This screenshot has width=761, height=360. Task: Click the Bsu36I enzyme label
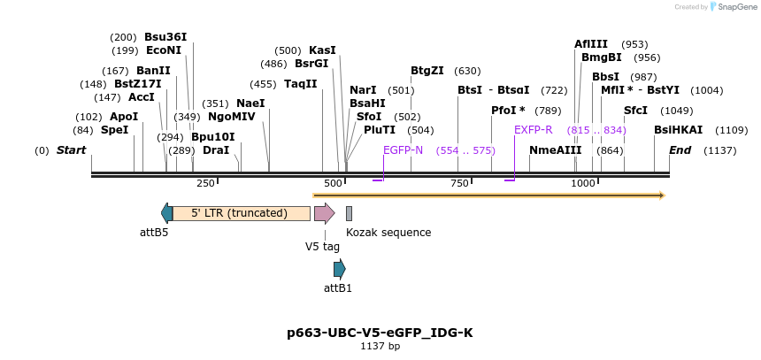(165, 37)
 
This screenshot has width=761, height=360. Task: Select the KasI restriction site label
(322, 50)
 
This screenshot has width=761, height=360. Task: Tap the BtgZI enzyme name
(427, 71)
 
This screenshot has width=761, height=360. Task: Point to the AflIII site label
(591, 44)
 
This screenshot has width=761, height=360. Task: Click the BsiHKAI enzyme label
(678, 130)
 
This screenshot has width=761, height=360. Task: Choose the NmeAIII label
(555, 150)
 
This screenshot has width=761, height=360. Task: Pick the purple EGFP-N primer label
(403, 150)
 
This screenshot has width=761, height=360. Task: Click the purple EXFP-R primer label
(534, 130)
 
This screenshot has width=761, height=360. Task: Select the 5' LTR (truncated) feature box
(241, 213)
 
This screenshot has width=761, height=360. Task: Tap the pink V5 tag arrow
(324, 213)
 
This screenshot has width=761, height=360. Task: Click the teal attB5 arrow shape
(166, 213)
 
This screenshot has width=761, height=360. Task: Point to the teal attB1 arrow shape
(339, 269)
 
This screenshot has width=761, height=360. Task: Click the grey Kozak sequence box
(350, 213)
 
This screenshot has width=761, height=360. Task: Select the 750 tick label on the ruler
(459, 183)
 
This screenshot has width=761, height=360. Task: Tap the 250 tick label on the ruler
(205, 183)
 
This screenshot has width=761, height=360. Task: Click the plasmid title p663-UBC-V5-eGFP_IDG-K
(380, 333)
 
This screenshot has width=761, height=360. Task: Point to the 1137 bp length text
(380, 347)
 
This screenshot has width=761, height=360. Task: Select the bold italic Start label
(71, 150)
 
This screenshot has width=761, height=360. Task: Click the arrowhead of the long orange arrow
(660, 195)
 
